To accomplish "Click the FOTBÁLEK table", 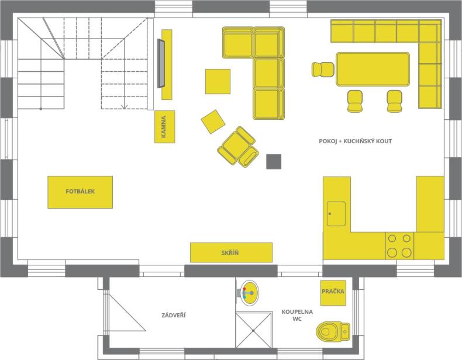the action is click(80, 192).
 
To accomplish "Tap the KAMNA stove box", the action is click(165, 127).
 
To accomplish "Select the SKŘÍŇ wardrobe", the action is click(231, 252).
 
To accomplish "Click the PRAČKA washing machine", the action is click(333, 293).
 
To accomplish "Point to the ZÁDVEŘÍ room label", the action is click(174, 315).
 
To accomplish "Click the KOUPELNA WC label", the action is click(297, 315).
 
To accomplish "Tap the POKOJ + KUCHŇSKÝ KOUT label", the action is click(356, 141).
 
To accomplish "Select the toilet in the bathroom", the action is click(333, 332).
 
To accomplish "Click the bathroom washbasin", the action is click(249, 293).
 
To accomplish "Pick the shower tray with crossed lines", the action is click(253, 330).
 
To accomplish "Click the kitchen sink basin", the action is click(336, 214).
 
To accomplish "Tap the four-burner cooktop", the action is click(399, 245).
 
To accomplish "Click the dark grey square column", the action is click(274, 162).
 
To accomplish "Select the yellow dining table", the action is click(373, 69).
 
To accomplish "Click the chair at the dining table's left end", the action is click(323, 70).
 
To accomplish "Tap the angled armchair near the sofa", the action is click(238, 147).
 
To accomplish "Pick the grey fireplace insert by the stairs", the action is click(161, 63).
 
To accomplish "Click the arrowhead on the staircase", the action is click(125, 106).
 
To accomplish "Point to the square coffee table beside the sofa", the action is click(218, 82).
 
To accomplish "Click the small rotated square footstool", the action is click(213, 122).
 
